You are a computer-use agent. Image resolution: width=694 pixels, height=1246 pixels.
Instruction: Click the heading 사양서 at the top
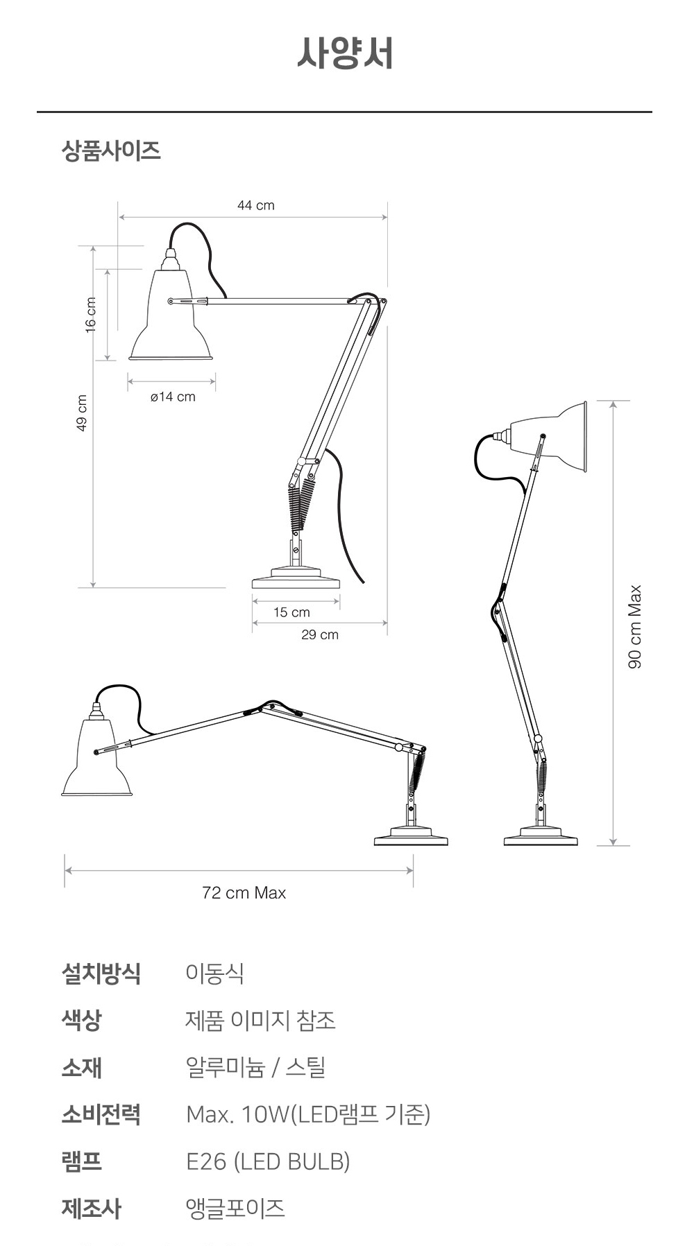[345, 53]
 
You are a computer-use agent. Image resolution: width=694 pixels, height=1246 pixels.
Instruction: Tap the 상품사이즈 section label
[111, 150]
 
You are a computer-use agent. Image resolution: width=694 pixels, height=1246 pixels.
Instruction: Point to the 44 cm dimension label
[256, 205]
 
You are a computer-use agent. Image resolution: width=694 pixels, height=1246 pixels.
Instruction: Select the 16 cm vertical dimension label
[91, 315]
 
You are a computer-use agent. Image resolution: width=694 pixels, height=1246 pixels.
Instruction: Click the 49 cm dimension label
[82, 413]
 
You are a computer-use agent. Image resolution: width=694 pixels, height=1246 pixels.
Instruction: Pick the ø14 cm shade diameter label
[173, 397]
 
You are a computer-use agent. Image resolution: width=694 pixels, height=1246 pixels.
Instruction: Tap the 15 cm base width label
[291, 612]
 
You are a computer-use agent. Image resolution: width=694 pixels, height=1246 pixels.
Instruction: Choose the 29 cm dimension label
[320, 634]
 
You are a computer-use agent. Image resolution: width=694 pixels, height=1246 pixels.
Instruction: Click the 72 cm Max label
[244, 893]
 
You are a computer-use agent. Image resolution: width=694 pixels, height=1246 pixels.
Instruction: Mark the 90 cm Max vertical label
[635, 627]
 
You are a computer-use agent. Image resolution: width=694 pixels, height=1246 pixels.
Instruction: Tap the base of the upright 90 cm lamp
[541, 837]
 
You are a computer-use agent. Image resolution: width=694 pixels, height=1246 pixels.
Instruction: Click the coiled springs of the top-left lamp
[302, 507]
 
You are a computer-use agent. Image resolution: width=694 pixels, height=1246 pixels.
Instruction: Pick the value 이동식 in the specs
[215, 974]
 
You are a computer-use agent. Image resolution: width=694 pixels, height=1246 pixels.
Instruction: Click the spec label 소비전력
[101, 1114]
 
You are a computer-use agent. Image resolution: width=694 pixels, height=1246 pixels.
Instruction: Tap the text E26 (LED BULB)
[268, 1161]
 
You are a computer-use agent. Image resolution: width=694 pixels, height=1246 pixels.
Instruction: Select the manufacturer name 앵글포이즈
[235, 1209]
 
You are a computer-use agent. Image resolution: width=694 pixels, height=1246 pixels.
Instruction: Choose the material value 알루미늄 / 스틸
[255, 1068]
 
